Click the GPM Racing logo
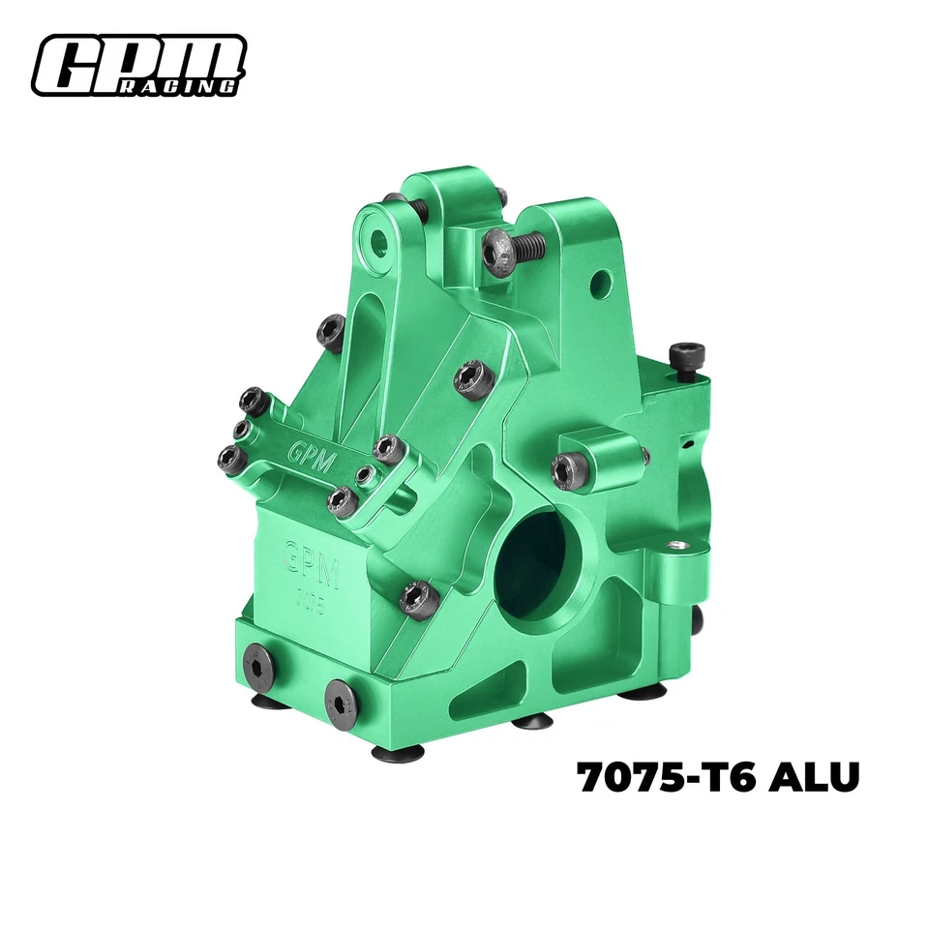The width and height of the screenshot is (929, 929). [138, 65]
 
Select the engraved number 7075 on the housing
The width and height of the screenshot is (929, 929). [309, 601]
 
